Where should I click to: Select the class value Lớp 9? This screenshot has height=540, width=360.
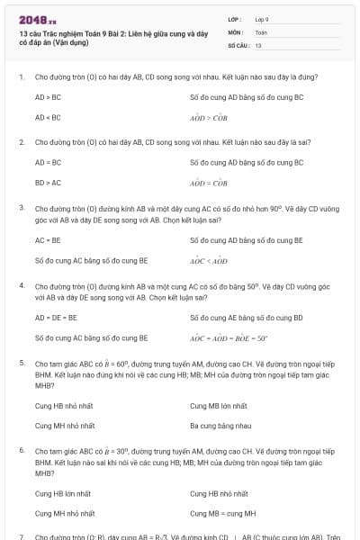[x=263, y=19]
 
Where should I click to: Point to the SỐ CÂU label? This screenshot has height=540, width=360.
[x=238, y=44]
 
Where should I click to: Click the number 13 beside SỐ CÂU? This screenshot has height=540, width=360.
[x=258, y=44]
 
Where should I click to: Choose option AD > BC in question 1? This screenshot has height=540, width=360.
[x=49, y=96]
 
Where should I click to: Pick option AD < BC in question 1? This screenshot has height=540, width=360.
[x=49, y=117]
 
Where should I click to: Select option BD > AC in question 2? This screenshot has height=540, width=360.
[x=49, y=183]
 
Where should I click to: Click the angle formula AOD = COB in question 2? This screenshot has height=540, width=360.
[x=209, y=183]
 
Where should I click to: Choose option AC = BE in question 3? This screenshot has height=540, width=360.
[x=49, y=240]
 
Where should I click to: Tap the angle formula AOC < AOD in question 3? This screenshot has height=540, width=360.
[x=209, y=261]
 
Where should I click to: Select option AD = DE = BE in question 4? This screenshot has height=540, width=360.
[x=57, y=318]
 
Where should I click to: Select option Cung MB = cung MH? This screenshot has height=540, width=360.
[x=223, y=513]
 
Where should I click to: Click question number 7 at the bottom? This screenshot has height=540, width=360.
[x=22, y=535]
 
